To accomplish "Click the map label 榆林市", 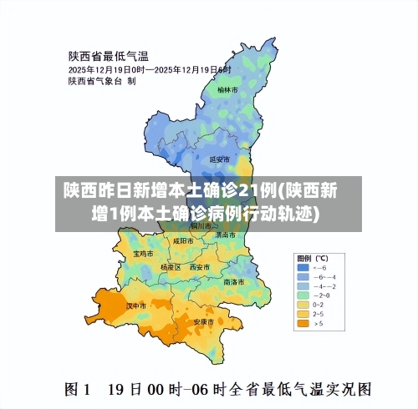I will coord(227,89).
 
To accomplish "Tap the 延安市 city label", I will coord(219,159).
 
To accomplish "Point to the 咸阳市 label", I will coord(182,240).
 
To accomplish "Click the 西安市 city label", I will coord(199,267).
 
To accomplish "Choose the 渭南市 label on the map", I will coord(225,235).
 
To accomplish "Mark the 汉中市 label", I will coord(135,306).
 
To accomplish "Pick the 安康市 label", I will coord(204,321).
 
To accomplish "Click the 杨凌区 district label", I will coord(171,267).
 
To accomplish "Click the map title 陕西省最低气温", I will coord(108,57).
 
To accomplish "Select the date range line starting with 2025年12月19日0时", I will coord(149,69).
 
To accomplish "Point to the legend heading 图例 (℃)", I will coord(312,257).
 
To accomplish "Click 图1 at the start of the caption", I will coord(79,388).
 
